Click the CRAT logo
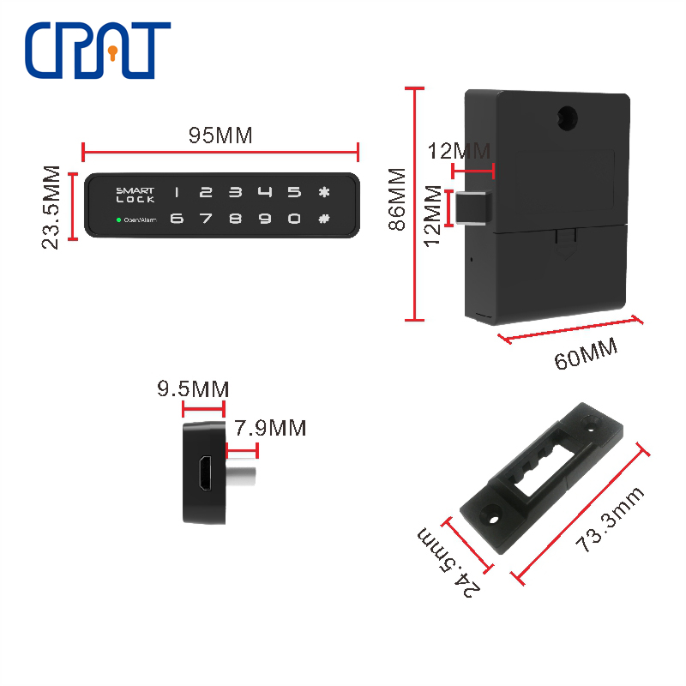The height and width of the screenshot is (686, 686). point(98,51)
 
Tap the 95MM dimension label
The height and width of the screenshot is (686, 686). point(220,135)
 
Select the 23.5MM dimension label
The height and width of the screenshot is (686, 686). point(51,208)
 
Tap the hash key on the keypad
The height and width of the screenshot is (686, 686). point(324,219)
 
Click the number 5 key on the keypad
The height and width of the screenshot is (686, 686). point(294,191)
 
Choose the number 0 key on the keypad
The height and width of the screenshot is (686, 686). point(294,219)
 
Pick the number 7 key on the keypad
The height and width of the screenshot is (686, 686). point(206,219)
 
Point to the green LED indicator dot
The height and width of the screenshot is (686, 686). point(118,220)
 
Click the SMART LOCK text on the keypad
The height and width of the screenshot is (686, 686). point(135,195)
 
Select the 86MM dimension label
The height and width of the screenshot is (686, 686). point(397,199)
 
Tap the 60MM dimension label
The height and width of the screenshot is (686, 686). point(586,353)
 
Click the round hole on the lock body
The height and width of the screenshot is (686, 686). point(568,118)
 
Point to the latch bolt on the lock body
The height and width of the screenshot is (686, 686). point(474,208)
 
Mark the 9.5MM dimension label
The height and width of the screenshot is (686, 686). point(193,388)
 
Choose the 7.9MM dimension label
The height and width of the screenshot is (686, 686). point(270,427)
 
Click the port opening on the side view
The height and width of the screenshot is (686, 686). point(204,473)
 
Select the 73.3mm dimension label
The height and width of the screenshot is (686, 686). point(610,520)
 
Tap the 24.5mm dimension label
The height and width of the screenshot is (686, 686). point(448,563)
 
